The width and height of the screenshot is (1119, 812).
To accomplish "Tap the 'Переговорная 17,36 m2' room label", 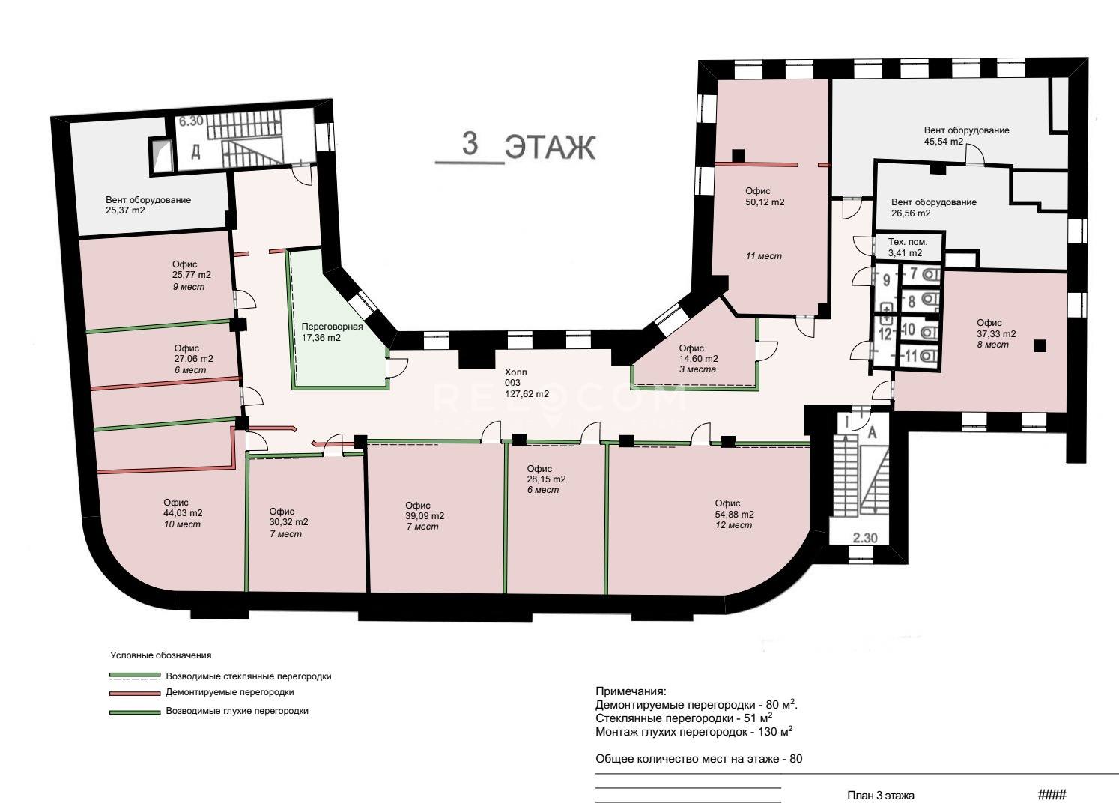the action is point(333,332).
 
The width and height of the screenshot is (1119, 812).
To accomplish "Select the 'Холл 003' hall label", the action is point(515,378).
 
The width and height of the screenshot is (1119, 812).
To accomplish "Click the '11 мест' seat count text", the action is point(764,256).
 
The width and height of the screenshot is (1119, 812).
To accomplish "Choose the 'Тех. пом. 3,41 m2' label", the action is point(908,247).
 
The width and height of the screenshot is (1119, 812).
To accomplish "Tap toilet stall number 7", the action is point(913,273).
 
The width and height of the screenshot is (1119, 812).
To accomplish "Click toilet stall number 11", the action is point(912,356).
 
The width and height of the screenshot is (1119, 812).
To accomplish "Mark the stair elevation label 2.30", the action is point(865,538).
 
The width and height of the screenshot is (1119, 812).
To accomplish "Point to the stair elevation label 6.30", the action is point(191,121).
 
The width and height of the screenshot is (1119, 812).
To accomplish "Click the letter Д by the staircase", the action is point(195,151).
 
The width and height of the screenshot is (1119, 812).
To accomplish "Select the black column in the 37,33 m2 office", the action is point(1040,345).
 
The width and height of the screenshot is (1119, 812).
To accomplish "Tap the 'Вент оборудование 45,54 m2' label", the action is point(967,136).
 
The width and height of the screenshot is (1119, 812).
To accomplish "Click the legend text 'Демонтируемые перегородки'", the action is point(230,693).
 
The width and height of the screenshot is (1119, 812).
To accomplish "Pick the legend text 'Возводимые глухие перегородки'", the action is point(237,711).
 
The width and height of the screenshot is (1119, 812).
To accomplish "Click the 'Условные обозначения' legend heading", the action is point(161,655).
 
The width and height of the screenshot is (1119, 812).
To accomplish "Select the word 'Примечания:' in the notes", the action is point(631,691).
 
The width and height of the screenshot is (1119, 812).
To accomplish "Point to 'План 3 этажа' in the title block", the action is point(881,796).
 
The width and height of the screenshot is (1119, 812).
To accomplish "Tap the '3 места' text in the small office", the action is point(697,369).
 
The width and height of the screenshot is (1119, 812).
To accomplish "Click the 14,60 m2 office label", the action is point(698,354).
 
